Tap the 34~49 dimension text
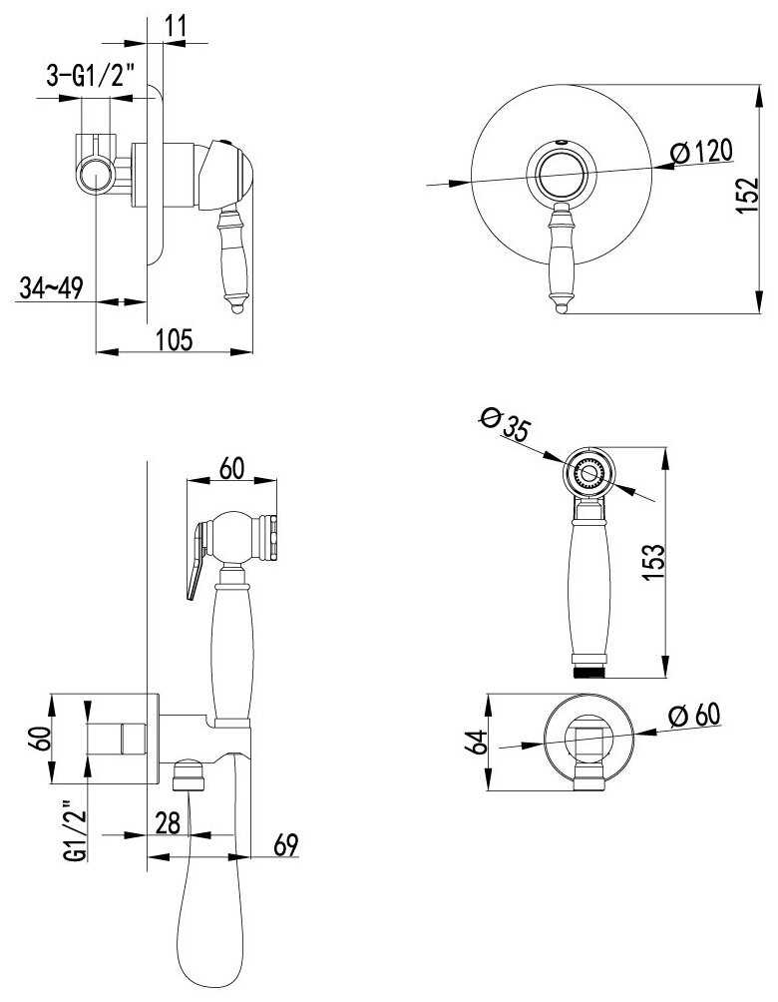(51, 287)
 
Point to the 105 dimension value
(174, 339)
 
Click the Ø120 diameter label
(701, 153)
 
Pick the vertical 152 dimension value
(747, 195)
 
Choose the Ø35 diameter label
(505, 424)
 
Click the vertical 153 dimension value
(653, 562)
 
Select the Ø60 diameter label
(694, 714)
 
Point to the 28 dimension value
(168, 822)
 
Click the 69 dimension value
(285, 844)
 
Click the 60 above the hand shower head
(231, 468)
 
